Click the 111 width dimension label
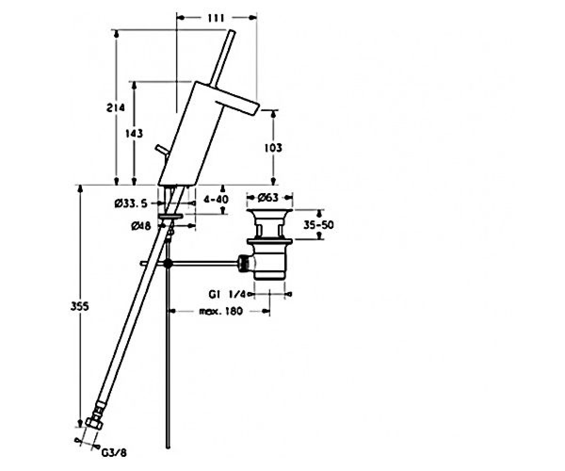216,18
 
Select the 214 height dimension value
115,108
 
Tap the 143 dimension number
134,133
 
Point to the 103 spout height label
273,148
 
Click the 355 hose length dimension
80,307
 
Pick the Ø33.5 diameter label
131,203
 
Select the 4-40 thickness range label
216,200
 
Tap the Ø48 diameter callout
141,226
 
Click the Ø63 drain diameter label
267,198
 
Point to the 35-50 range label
318,225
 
